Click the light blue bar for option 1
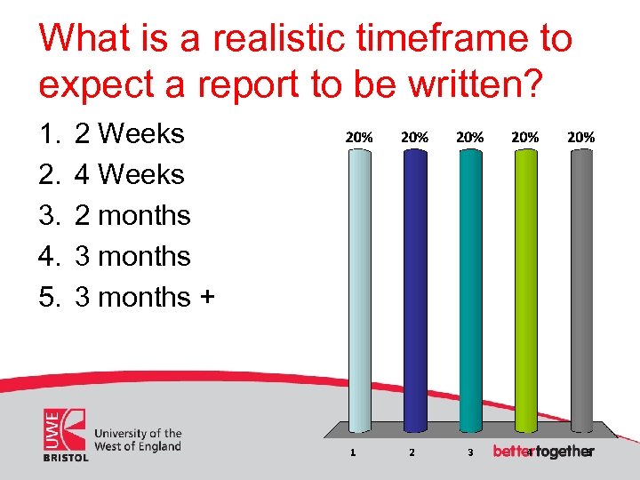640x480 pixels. (x=359, y=289)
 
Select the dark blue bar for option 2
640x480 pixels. (x=414, y=289)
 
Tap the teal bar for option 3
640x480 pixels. (x=469, y=289)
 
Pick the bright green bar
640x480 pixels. (x=525, y=289)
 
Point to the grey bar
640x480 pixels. (x=580, y=289)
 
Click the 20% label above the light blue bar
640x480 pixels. (x=359, y=138)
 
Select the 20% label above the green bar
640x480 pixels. (x=525, y=138)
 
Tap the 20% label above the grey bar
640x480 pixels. (x=580, y=138)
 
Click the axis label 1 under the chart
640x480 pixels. (x=354, y=452)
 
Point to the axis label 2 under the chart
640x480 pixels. (x=411, y=452)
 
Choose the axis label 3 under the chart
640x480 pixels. (x=468, y=452)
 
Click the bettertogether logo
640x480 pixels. (x=542, y=452)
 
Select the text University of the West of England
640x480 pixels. (x=138, y=440)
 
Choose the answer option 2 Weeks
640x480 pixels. (x=129, y=134)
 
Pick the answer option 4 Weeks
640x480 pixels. (x=129, y=175)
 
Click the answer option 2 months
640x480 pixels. (x=132, y=216)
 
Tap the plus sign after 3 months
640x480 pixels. (x=206, y=298)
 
